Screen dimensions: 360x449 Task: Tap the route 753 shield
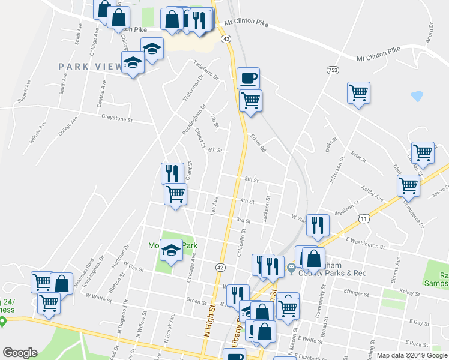[x=332, y=70]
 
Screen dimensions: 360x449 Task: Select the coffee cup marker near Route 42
[x=248, y=78]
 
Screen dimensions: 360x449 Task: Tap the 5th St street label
[x=251, y=179]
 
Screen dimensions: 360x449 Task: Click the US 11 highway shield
[x=364, y=220]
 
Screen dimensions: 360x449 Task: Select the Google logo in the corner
[x=20, y=353]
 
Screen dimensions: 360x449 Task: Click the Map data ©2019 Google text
[x=411, y=355]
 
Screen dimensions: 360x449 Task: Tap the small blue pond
[x=417, y=95]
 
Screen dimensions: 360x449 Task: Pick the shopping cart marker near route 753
[x=358, y=93]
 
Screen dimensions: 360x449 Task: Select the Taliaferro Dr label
[x=207, y=71]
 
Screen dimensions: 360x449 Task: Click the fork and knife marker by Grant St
[x=172, y=173]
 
